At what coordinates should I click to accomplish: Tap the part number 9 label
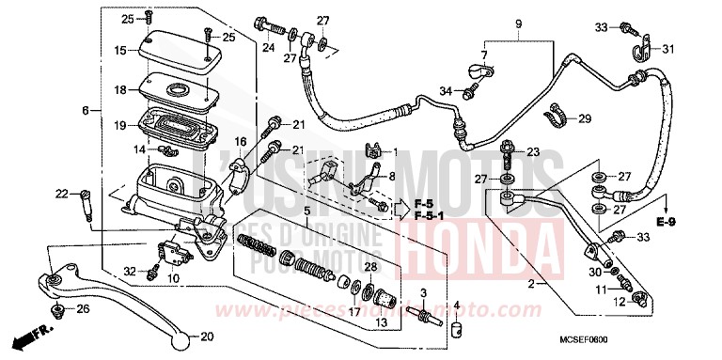[516, 23]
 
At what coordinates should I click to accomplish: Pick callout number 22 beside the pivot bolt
[61, 195]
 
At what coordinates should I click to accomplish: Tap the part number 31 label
[668, 50]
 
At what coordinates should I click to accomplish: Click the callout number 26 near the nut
[84, 307]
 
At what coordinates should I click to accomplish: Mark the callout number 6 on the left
[86, 110]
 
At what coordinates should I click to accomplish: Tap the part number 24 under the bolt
[268, 47]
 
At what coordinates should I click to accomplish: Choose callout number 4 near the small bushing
[458, 305]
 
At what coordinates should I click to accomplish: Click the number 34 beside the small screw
[447, 91]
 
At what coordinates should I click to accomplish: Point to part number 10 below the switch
[173, 278]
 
